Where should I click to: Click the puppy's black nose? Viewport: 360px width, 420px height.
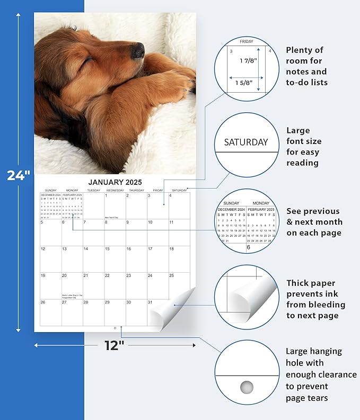click(137, 50)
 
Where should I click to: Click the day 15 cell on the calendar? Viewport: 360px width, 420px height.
click(115, 260)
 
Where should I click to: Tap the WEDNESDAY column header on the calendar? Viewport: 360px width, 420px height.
click(115, 190)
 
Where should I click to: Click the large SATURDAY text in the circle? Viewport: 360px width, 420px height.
click(245, 142)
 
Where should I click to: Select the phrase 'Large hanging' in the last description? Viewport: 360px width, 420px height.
click(314, 351)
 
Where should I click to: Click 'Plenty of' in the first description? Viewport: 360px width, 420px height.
click(304, 50)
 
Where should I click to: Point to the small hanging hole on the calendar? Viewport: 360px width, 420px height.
click(115, 328)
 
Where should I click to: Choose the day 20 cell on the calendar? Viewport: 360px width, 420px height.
click(72, 286)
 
